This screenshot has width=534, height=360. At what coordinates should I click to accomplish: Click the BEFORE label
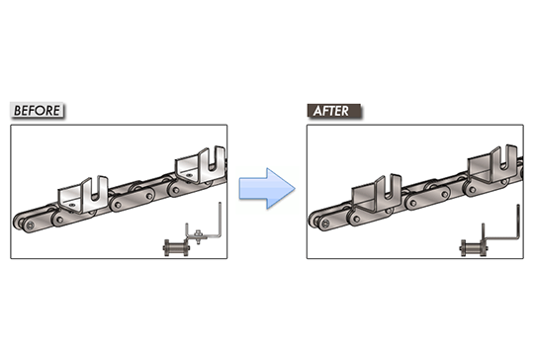tap(36, 110)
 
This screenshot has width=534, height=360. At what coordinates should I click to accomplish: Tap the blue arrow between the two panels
tap(266, 188)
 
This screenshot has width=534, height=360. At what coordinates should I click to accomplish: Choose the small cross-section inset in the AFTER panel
tap(489, 234)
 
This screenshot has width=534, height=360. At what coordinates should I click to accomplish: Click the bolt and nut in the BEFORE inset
tap(199, 234)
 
